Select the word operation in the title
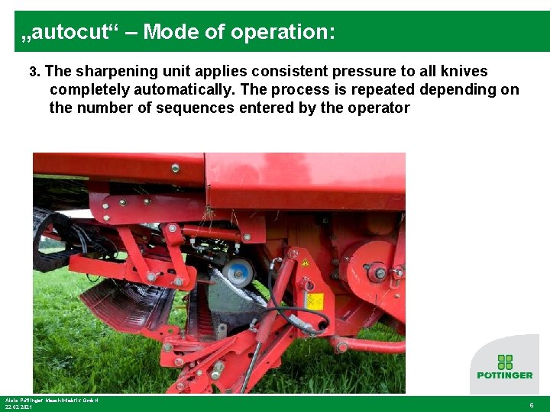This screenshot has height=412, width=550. coord(279,32)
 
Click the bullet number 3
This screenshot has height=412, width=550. coord(34,72)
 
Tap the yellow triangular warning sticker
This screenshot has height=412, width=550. coord(306,263)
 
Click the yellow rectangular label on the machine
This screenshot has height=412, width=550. coord(314,301)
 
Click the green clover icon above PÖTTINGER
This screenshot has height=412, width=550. coord(504,362)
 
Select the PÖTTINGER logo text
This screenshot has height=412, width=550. coord(505,375)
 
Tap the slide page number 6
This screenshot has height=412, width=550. coord(532,405)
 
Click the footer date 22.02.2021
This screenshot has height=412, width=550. coord(18,407)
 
